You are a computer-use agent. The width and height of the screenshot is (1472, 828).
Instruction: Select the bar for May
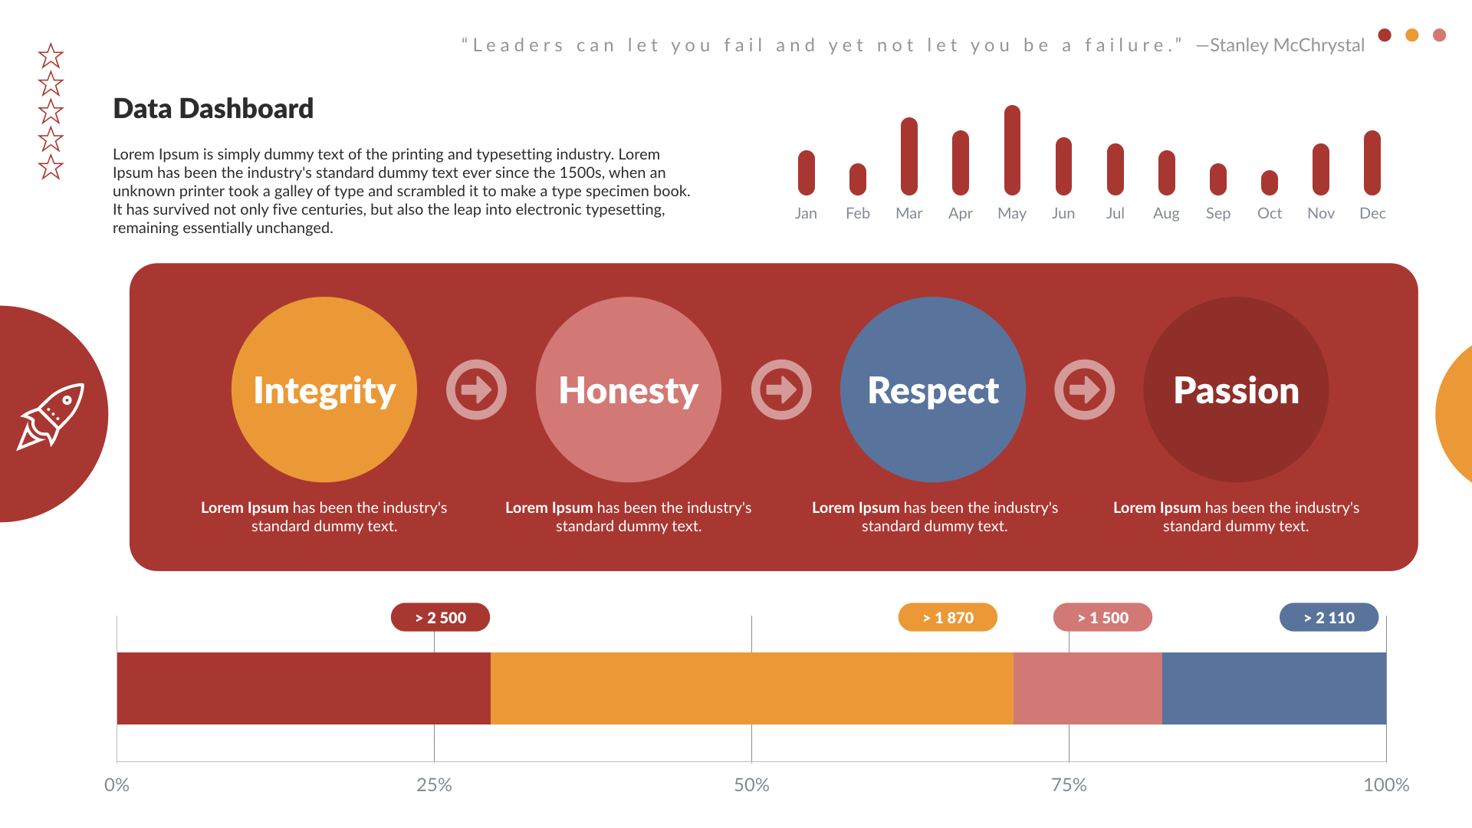(1012, 150)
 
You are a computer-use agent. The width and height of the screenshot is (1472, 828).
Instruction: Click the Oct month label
(1270, 214)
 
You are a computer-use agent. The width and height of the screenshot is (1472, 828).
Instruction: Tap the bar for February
(858, 179)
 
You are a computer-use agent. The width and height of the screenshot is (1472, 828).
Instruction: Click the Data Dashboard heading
(213, 109)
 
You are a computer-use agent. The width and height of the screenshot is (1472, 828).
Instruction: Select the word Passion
(1236, 390)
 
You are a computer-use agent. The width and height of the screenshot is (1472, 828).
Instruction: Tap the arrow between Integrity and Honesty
(476, 389)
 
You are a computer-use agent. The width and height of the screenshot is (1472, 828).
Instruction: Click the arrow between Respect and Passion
(1084, 389)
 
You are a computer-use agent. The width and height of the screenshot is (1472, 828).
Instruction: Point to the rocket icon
(51, 416)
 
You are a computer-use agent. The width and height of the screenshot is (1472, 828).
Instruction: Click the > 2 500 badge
(440, 617)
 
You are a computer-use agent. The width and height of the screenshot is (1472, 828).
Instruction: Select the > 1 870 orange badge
(948, 617)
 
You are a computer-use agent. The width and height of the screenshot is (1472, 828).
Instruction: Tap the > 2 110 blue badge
(1329, 617)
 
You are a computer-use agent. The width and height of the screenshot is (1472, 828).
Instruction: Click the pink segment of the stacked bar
(1087, 688)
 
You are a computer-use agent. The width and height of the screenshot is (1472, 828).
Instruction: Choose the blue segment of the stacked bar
(1273, 688)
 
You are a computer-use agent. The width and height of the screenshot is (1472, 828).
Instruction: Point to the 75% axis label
(1069, 785)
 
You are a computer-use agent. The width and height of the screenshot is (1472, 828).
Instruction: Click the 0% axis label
(117, 785)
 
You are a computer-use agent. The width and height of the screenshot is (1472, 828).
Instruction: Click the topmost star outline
(51, 56)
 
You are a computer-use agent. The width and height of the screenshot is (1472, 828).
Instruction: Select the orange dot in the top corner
(1412, 35)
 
